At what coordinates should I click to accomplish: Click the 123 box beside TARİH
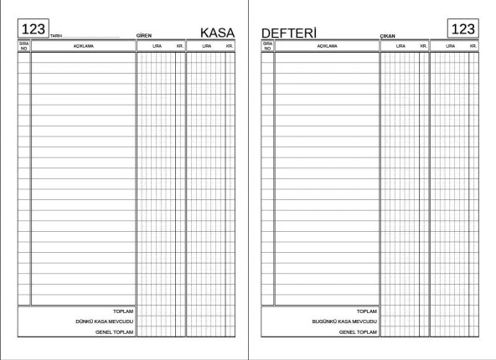[33, 29]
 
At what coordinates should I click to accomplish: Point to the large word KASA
[217, 32]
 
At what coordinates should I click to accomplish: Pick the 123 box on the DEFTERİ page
[462, 28]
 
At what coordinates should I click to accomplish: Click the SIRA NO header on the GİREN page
[23, 46]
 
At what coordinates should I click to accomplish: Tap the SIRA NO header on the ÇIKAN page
[267, 46]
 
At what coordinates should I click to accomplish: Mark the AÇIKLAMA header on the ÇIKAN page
[326, 46]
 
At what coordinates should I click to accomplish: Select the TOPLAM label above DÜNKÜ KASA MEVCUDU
[123, 311]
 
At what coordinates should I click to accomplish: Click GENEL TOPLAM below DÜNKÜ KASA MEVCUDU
[114, 332]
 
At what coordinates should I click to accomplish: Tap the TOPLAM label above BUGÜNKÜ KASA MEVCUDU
[367, 311]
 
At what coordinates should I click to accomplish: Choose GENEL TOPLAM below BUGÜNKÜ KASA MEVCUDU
[358, 332]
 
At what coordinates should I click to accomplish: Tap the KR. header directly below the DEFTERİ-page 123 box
[473, 46]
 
